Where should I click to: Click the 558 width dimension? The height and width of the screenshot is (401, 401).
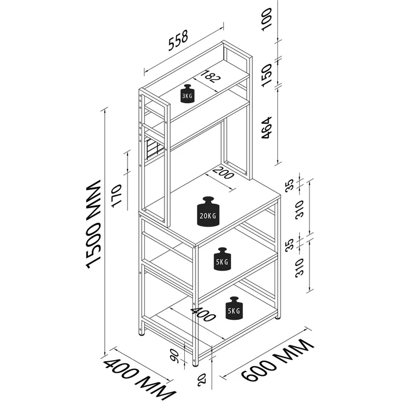point(178,40)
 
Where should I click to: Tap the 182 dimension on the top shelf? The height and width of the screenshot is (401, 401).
point(210,76)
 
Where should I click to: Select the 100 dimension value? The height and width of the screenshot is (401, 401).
point(266,20)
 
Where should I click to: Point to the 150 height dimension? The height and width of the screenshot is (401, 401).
point(266,75)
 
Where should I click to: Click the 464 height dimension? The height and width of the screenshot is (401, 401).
point(266,128)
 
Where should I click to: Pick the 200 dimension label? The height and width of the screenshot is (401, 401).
point(223,173)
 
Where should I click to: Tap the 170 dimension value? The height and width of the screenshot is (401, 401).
point(117,196)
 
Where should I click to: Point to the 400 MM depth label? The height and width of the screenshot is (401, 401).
point(139,378)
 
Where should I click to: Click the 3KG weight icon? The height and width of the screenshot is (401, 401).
point(187,94)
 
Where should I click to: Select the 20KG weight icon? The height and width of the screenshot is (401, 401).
point(208,211)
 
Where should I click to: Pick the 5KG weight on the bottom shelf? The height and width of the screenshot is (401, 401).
point(234,308)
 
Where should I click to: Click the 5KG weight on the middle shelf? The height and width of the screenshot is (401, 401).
point(223,259)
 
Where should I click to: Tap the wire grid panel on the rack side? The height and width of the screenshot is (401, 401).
point(153,149)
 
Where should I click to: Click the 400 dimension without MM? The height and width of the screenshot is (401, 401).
point(203,314)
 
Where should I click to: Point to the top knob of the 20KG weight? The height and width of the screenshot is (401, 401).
point(208,200)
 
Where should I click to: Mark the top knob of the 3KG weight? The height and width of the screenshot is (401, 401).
point(187,87)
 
